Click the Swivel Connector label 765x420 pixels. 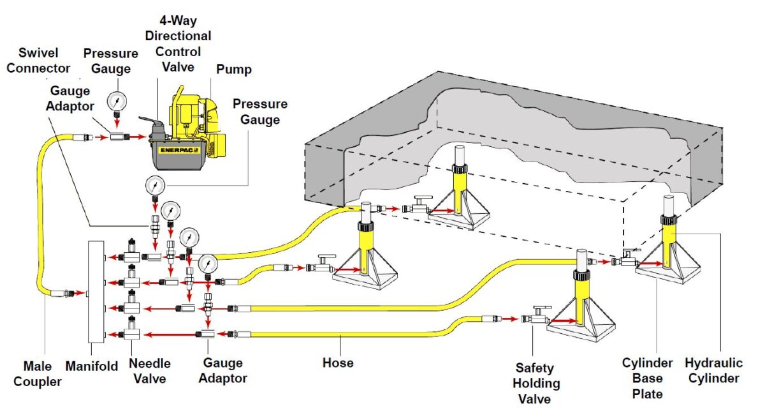tap(39, 60)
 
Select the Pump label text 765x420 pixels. tap(233, 69)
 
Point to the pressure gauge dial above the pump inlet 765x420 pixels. tap(117, 101)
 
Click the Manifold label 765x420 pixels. tap(92, 366)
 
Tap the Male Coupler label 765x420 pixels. tap(42, 373)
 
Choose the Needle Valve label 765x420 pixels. tap(150, 371)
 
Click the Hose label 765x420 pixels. tap(337, 363)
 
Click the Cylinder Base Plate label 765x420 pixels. tap(647, 378)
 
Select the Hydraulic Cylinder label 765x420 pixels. tap(714, 370)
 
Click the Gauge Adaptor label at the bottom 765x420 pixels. tap(222, 370)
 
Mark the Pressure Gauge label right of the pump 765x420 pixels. tap(259, 111)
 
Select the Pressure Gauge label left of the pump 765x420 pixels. tap(107, 61)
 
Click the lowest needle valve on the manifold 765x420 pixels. tap(132, 332)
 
